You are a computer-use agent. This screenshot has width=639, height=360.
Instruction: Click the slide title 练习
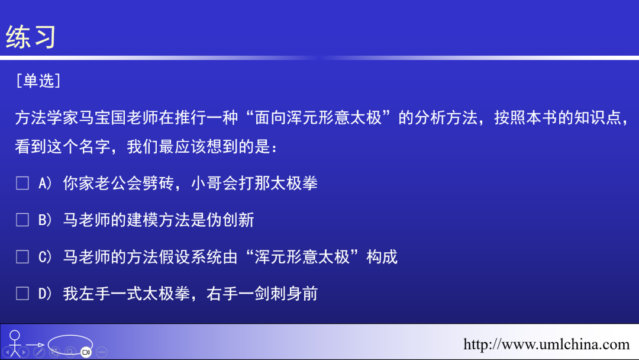tap(31, 37)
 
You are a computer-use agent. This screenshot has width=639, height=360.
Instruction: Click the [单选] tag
tap(38, 81)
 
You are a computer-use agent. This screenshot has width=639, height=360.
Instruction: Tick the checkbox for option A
tap(22, 184)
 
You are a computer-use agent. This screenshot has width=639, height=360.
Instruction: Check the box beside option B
tap(22, 220)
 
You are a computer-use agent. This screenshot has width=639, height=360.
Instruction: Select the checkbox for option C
tap(22, 257)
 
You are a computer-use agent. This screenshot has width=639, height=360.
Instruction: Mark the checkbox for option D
tap(22, 294)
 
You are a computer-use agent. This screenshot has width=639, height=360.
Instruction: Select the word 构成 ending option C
tap(382, 257)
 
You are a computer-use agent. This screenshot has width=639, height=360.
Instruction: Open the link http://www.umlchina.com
tap(546, 345)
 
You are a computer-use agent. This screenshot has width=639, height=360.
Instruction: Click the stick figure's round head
tap(14, 335)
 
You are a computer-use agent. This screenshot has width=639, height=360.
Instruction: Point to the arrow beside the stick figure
tap(35, 345)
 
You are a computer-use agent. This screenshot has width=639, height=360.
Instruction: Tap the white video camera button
tap(86, 352)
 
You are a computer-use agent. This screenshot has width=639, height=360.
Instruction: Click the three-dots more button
tap(101, 352)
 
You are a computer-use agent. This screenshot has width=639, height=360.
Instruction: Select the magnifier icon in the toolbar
tap(70, 352)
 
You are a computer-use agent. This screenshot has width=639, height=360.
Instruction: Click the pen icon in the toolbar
tap(39, 352)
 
